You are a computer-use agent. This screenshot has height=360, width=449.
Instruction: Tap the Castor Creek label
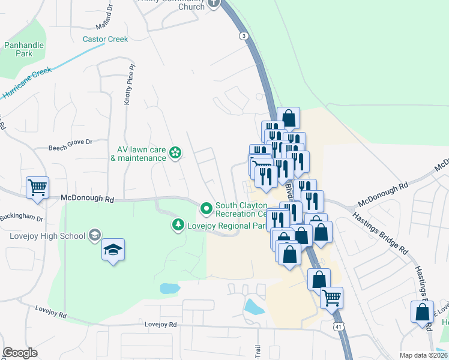(106, 40)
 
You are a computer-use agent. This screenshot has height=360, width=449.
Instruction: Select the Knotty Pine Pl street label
(127, 86)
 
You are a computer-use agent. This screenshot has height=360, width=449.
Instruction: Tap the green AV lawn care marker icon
(175, 154)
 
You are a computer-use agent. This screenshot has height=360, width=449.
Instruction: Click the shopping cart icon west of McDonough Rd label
(37, 187)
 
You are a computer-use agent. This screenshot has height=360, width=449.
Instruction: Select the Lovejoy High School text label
(47, 236)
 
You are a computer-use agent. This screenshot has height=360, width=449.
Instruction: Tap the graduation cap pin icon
(112, 249)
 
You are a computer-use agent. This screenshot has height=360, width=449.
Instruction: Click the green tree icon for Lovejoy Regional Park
(178, 225)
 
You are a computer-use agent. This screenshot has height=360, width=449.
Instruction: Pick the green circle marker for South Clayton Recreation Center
(206, 209)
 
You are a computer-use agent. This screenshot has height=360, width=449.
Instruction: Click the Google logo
(20, 353)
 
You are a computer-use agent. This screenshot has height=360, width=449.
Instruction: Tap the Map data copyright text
(423, 355)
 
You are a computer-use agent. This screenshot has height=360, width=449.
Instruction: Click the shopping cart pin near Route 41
(331, 297)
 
